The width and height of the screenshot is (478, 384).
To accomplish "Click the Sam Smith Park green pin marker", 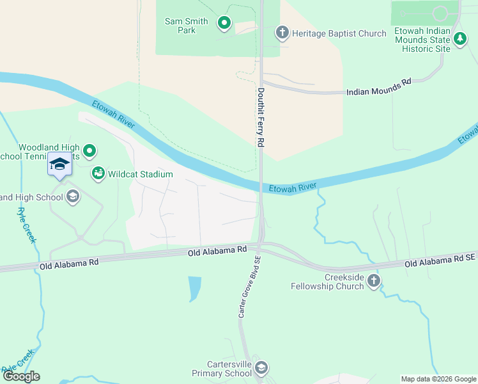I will tap(224, 24).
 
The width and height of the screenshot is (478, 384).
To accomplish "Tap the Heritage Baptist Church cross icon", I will tap(282, 33).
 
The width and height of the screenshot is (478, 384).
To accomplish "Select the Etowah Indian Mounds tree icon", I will tap(460, 40).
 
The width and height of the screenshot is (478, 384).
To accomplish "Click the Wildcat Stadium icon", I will tap(98, 173).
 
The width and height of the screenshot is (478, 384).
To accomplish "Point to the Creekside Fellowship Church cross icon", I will tap(373, 280).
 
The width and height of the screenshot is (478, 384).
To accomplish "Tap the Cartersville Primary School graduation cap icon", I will tap(261, 368).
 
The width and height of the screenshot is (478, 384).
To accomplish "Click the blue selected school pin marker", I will tap(59, 164).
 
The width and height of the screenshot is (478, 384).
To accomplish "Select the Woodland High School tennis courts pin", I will tap(90, 152).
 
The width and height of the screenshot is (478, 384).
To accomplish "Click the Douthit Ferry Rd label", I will tap(261, 118).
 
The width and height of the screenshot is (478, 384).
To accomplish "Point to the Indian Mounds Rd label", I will tap(378, 88).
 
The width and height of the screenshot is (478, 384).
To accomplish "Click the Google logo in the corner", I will tap(21, 376).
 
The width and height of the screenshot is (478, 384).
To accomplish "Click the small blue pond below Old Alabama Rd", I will tap(195, 288).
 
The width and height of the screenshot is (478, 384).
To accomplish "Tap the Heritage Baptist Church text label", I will tap(339, 33).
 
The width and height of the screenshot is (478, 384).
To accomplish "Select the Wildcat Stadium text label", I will tap(141, 173).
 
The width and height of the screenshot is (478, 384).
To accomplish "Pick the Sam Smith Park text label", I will tap(187, 26).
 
